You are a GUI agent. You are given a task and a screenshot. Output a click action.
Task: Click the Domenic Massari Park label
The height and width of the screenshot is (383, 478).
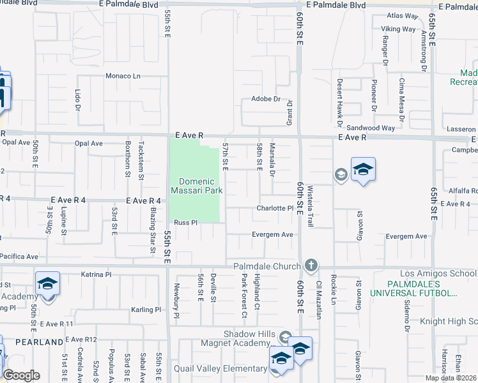[x=196, y=186]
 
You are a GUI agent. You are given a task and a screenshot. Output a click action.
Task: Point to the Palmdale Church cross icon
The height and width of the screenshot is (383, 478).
[x=311, y=265]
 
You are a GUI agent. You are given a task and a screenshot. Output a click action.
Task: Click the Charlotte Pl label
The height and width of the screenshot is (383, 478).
[x=275, y=208]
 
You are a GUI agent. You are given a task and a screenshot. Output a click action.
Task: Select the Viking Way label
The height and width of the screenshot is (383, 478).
[x=399, y=29]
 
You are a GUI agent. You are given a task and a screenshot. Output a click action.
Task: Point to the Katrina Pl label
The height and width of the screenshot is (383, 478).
[x=96, y=274]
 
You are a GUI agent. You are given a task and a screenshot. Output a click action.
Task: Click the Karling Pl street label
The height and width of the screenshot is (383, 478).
[x=146, y=310]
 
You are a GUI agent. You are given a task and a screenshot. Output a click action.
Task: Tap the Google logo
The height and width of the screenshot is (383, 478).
[x=21, y=375]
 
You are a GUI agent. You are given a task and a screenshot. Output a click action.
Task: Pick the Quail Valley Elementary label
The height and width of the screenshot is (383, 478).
[x=222, y=368]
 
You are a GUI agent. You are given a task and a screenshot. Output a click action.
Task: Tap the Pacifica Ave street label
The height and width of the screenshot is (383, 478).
[x=19, y=256]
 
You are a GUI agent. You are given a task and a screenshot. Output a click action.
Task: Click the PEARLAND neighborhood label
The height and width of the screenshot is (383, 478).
[x=39, y=342]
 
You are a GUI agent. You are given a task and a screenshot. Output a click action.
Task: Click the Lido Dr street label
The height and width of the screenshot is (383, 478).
[x=77, y=100]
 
